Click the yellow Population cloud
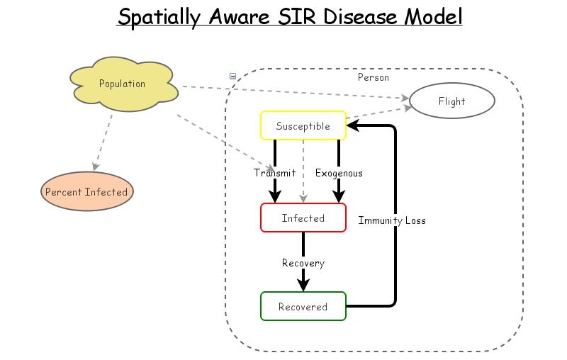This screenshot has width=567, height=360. click(x=123, y=84)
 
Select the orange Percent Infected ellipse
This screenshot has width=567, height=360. click(x=86, y=192)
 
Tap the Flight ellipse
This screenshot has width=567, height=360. click(x=451, y=101)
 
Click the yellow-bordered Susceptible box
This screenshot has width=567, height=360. click(x=303, y=126)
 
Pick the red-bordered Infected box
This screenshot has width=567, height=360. click(x=303, y=218)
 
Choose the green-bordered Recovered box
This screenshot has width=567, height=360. click(x=303, y=307)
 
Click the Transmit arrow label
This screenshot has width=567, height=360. click(x=274, y=173)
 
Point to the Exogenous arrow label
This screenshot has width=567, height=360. click(x=339, y=173)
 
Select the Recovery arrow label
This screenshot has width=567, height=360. click(x=303, y=263)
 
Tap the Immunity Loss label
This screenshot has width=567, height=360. click(x=392, y=220)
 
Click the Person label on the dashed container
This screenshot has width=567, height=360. click(x=373, y=77)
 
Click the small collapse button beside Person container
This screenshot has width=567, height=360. click(x=232, y=76)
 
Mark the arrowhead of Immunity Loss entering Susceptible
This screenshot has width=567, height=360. click(x=352, y=126)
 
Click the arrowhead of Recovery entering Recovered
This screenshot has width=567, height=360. click(x=303, y=285)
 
